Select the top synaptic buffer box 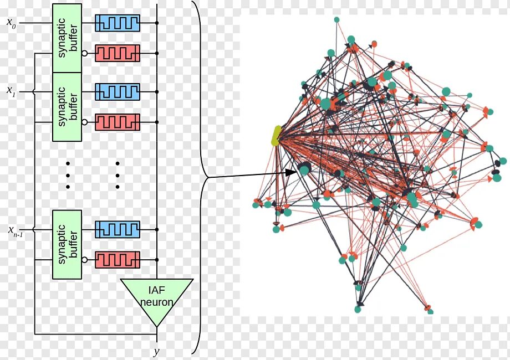(67, 38)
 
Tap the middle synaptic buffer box (67, 107)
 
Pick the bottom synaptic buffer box (67, 244)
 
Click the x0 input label (11, 23)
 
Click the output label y (156, 351)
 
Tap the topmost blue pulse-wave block (118, 23)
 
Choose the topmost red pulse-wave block (118, 53)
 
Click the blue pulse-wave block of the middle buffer (118, 91)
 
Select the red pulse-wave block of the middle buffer (118, 122)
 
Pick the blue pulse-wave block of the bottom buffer (118, 229)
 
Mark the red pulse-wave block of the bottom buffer (118, 259)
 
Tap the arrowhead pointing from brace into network (292, 173)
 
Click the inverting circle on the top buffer (84, 53)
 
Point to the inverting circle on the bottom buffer (84, 259)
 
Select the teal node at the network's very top (336, 20)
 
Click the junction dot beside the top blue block (157, 23)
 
